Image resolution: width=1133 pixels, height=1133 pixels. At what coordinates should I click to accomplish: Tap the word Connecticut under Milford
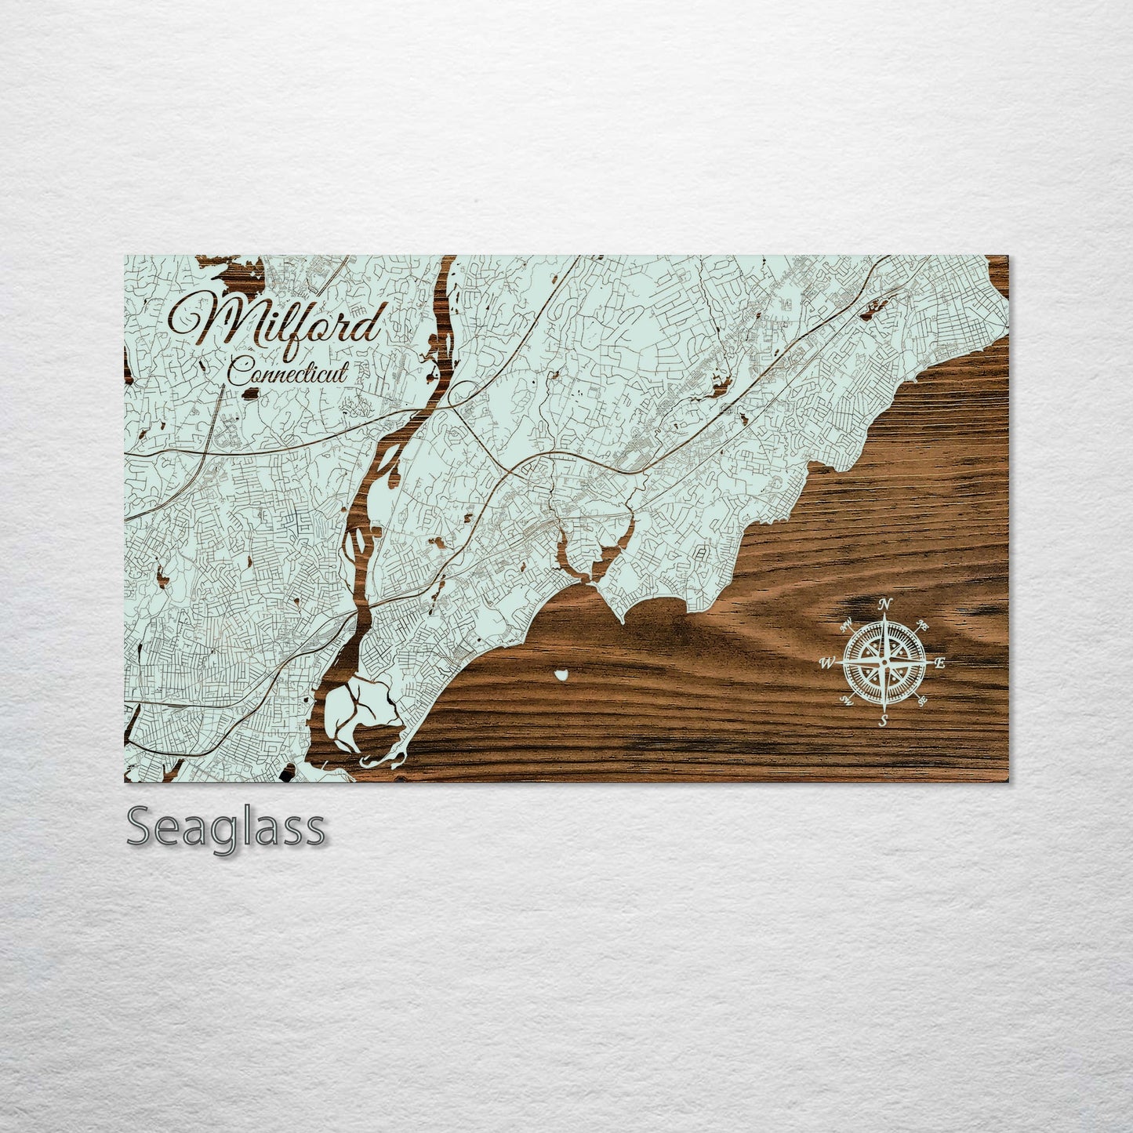(286, 372)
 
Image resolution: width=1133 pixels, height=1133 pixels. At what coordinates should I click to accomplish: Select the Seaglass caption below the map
(225, 828)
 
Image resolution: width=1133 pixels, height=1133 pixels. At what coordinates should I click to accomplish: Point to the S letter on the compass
(883, 721)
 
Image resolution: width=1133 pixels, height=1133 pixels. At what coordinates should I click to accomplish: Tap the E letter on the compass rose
(941, 663)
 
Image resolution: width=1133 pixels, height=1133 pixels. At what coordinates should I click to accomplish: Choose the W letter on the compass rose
(826, 663)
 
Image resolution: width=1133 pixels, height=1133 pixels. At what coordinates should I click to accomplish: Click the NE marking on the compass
(924, 625)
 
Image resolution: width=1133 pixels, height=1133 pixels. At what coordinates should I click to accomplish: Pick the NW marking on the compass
(845, 626)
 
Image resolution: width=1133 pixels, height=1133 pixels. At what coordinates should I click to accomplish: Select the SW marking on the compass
(846, 700)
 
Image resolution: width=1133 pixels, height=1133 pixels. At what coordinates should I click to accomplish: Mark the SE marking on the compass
(922, 700)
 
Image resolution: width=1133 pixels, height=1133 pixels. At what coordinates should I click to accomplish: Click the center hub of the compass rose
(884, 663)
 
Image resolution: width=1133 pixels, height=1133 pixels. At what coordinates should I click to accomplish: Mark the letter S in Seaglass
(141, 828)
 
